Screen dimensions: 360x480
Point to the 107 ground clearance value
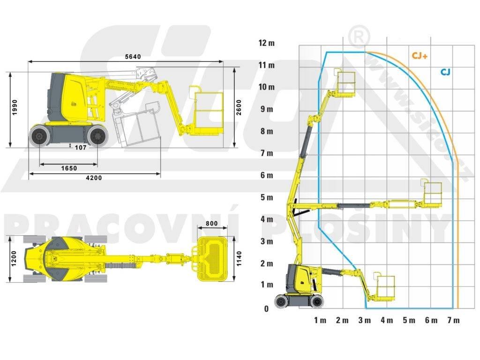pos(81,147)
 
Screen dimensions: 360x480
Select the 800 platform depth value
pos(212,224)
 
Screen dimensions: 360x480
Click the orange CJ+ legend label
pos(420,55)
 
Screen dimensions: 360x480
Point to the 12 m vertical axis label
pos(266,43)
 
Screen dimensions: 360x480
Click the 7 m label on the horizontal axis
pos(453,321)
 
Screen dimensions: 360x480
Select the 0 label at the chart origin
pos(266,309)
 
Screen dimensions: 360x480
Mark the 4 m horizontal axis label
pos(387,321)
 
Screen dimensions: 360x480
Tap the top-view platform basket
pos(214,259)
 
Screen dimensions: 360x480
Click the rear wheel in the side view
pos(39,135)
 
